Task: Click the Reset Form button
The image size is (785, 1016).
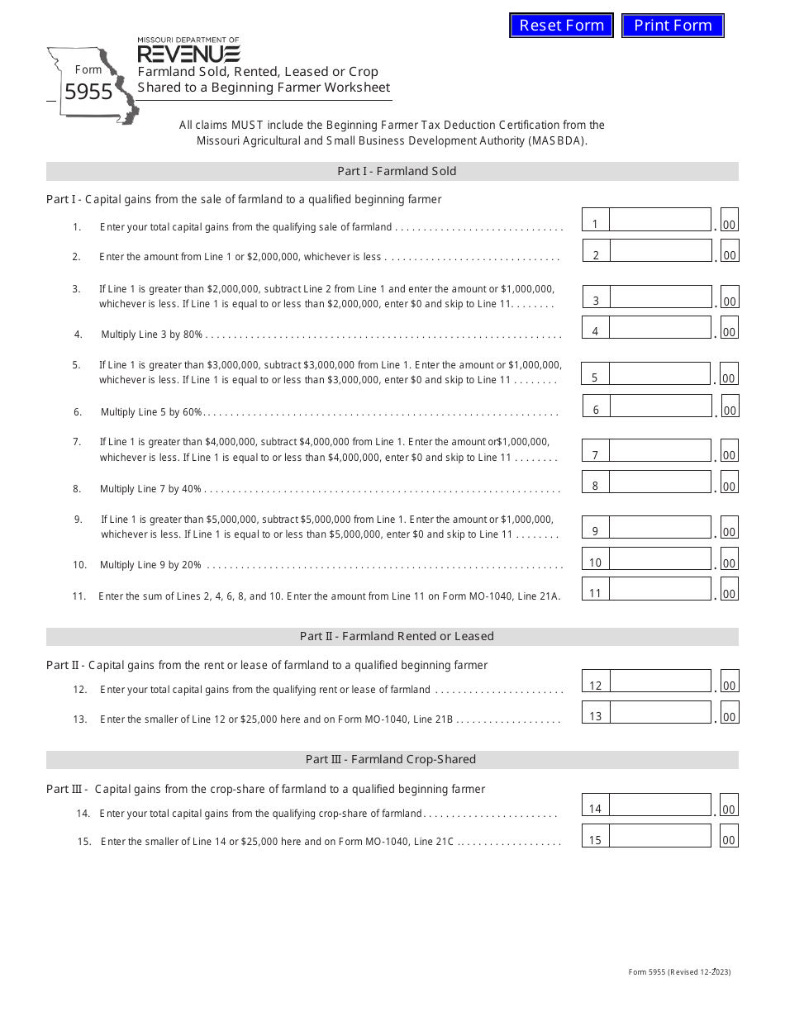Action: tap(561, 26)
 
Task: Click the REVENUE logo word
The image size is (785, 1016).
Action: tap(188, 55)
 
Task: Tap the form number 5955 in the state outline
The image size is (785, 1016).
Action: tap(88, 93)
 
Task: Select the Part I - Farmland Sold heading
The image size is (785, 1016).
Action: tap(397, 171)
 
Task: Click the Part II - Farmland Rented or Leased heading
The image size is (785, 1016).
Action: tap(397, 636)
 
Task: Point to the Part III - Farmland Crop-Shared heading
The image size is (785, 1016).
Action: tap(391, 759)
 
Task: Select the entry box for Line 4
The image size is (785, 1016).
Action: tap(659, 328)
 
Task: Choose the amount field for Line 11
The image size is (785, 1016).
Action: tap(659, 589)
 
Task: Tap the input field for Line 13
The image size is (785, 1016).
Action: tap(659, 713)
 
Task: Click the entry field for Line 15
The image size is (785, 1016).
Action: tap(659, 836)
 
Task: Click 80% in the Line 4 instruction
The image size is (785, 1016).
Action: tap(193, 335)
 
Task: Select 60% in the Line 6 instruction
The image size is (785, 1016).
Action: tap(192, 412)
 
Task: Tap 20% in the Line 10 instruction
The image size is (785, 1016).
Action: tap(192, 565)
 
